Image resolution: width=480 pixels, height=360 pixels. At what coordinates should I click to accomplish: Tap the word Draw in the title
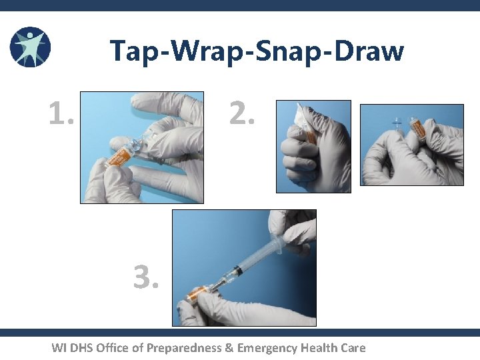371,51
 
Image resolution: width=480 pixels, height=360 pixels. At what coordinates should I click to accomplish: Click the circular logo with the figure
30,47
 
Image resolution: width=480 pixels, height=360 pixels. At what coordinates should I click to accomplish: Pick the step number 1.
61,114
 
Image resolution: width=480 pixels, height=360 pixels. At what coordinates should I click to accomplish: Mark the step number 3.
146,278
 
